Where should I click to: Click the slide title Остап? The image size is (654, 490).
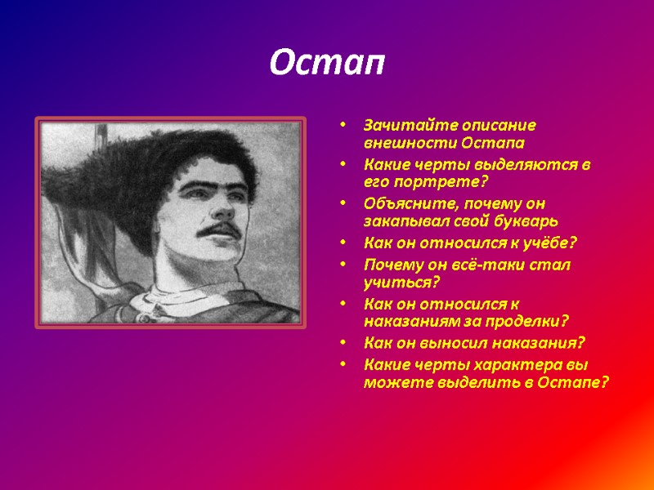[327, 63]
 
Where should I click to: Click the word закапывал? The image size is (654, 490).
[401, 219]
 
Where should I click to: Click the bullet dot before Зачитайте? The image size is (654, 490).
[345, 126]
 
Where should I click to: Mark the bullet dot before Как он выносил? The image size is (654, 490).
[345, 343]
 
